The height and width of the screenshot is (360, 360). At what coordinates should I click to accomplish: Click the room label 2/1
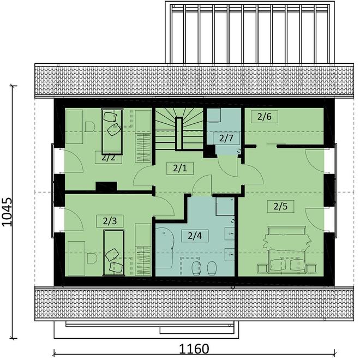pos(179,168)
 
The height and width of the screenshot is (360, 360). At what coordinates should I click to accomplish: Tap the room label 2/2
pos(108,158)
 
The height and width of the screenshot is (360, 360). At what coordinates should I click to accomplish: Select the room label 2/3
pos(110,221)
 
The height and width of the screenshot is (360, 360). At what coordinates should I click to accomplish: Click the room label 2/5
pos(280,206)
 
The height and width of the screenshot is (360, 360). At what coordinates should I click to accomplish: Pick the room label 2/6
pos(265,116)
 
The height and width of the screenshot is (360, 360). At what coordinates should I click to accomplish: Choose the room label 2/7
pos(226,137)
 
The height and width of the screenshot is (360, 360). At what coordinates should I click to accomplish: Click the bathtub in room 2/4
pos(165,248)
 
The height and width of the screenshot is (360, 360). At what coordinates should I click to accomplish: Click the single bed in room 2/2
pos(112,131)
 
